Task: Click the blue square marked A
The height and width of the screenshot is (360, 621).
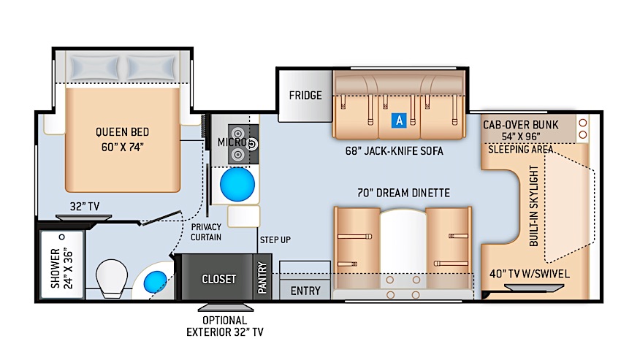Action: pyautogui.click(x=399, y=120)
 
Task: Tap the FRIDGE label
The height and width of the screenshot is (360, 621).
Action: pyautogui.click(x=305, y=96)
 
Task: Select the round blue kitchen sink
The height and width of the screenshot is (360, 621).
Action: pyautogui.click(x=237, y=184)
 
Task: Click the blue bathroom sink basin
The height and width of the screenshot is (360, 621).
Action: pyautogui.click(x=155, y=282)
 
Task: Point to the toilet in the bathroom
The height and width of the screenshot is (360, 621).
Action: pyautogui.click(x=112, y=278)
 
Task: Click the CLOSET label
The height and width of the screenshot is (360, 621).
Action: pyautogui.click(x=218, y=279)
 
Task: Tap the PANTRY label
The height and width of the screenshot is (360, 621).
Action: pyautogui.click(x=262, y=278)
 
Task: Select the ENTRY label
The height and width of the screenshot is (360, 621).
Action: pyautogui.click(x=305, y=291)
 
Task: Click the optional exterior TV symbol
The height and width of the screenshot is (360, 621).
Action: pyautogui.click(x=226, y=307)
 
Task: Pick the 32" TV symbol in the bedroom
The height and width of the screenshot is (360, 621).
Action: pyautogui.click(x=83, y=218)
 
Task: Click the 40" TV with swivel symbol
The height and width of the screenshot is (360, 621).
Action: pyautogui.click(x=534, y=288)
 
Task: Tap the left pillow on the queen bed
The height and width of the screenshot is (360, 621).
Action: pyautogui.click(x=95, y=67)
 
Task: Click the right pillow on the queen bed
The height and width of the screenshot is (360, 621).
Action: pyautogui.click(x=152, y=67)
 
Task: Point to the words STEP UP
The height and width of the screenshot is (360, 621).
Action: pyautogui.click(x=275, y=240)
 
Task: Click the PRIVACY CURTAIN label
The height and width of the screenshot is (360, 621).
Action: pyautogui.click(x=206, y=232)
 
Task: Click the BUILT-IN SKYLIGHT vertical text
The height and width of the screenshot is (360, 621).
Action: pyautogui.click(x=534, y=206)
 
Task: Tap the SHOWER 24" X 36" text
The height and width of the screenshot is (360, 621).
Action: pyautogui.click(x=62, y=268)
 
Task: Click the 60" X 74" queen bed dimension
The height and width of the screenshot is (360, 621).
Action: pyautogui.click(x=123, y=148)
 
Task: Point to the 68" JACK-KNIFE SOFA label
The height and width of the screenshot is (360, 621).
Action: pyautogui.click(x=394, y=151)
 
